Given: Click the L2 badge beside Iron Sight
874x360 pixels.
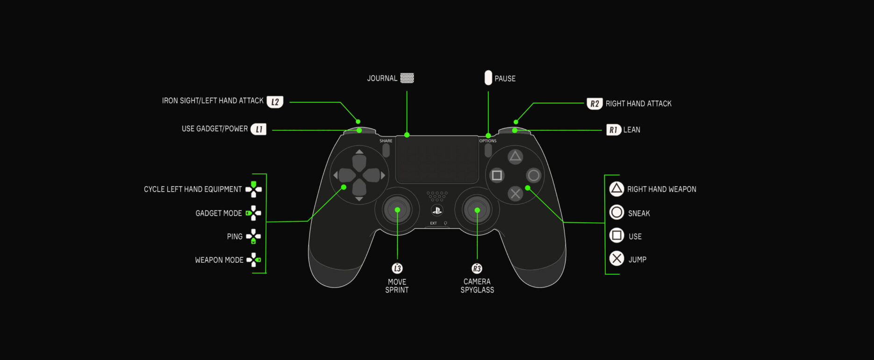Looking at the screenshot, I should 275,102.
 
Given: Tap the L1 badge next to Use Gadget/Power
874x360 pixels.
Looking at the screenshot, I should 258,129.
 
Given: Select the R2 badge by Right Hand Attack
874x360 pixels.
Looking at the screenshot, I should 594,104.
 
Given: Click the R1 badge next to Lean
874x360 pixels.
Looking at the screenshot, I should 613,130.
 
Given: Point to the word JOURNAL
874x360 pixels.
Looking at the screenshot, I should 382,79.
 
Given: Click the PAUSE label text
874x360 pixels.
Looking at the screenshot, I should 505,79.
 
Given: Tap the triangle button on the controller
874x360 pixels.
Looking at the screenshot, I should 515,157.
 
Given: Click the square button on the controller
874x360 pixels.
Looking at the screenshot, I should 497,175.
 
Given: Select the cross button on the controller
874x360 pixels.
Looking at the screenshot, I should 515,194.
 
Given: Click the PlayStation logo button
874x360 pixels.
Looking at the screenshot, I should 437,210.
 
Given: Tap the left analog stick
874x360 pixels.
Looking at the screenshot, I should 397,210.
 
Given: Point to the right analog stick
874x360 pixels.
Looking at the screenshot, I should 477,210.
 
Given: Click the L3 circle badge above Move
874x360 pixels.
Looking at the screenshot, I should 397,268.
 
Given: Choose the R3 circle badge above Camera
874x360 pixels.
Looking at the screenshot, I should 477,268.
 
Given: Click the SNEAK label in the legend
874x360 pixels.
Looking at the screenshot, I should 639,214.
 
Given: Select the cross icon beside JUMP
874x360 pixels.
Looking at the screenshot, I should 616,259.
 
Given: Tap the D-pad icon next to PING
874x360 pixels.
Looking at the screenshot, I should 253,237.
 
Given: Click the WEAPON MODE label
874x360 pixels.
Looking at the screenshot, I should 219,260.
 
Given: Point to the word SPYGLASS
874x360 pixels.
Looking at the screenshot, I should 477,290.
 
